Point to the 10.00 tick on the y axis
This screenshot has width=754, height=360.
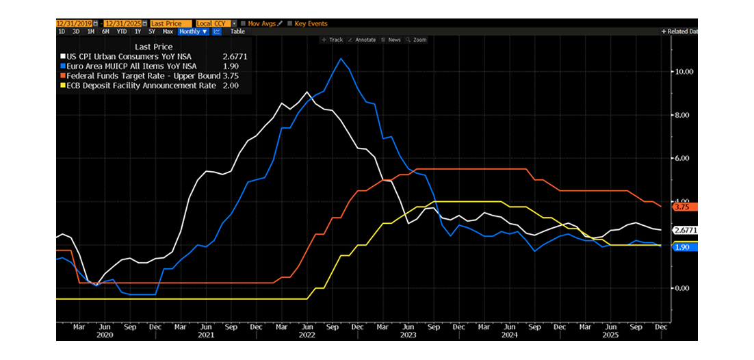pos(685,71)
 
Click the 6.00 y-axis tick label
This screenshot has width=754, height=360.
pos(685,158)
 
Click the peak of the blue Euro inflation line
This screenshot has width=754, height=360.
pos(341,59)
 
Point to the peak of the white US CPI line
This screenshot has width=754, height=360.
pos(307,92)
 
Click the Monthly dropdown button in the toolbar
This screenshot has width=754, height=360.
pos(192,31)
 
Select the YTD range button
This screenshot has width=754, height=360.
pos(121,31)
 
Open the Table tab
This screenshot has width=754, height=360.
pos(237,31)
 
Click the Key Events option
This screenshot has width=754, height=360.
pos(311,23)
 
